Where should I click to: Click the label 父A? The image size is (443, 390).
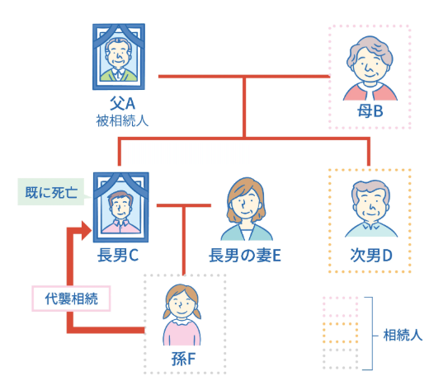coord(122,103)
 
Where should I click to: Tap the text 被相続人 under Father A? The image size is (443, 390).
coord(122,121)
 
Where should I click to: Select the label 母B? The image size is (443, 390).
coord(370,111)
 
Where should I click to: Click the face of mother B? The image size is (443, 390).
coord(370,65)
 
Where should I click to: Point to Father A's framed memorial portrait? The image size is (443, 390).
coord(119,57)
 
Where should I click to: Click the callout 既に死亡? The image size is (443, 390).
coord(51,192)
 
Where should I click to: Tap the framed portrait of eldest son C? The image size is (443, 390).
coord(121,207)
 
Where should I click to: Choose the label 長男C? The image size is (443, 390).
coord(118,255)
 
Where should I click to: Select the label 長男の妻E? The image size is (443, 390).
coord(245,256)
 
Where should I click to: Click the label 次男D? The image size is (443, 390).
coord(371,256)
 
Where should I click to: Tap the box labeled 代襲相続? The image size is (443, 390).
coord(71,298)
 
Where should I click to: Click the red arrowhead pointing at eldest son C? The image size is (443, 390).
coord(86,230)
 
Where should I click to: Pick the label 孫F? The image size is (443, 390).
coord(184,359)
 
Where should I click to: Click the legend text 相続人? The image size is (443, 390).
coord(403,336)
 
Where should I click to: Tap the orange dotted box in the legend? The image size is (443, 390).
coord(340,333)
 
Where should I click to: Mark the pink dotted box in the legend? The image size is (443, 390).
coord(340,307)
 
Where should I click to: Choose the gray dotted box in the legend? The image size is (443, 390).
coord(340,359)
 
